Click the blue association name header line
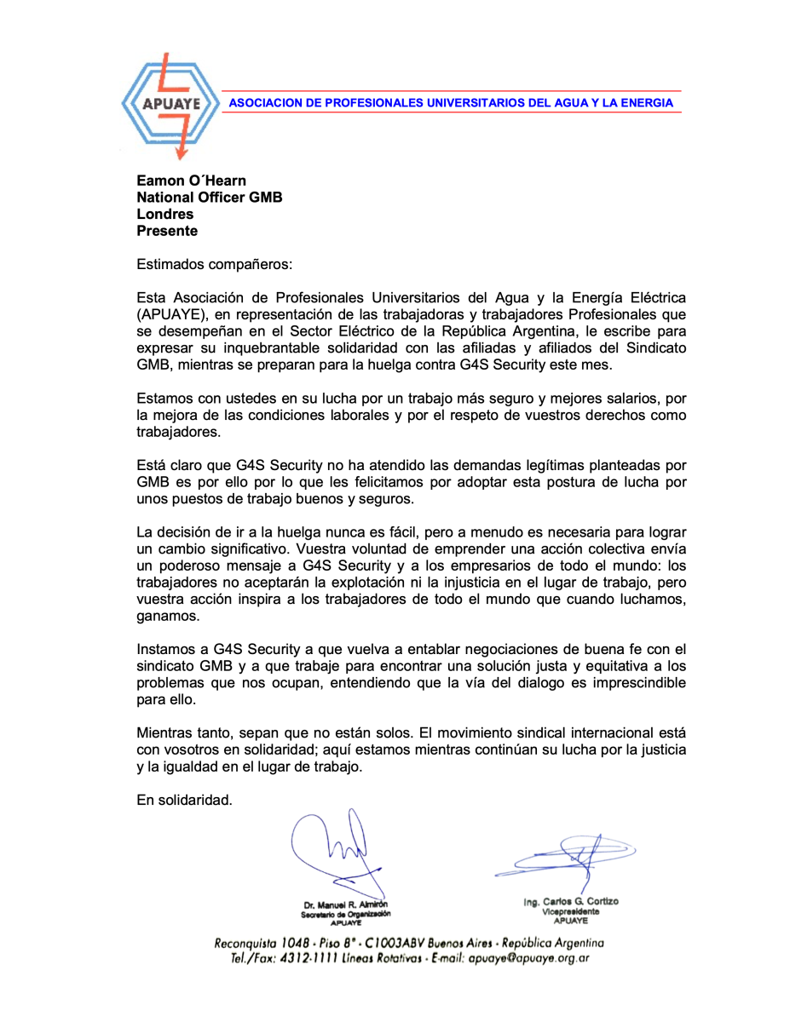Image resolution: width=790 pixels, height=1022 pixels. [451, 103]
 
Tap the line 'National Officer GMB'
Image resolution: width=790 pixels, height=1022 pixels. [210, 198]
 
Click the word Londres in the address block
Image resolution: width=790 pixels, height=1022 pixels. [165, 215]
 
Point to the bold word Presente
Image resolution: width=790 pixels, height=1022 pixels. [167, 231]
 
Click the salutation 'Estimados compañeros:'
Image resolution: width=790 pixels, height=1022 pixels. [214, 264]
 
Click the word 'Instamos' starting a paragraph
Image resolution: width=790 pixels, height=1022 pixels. [164, 649]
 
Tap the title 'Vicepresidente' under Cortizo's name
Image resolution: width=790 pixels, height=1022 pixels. [571, 910]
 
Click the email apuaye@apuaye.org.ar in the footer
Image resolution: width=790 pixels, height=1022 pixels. [529, 957]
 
